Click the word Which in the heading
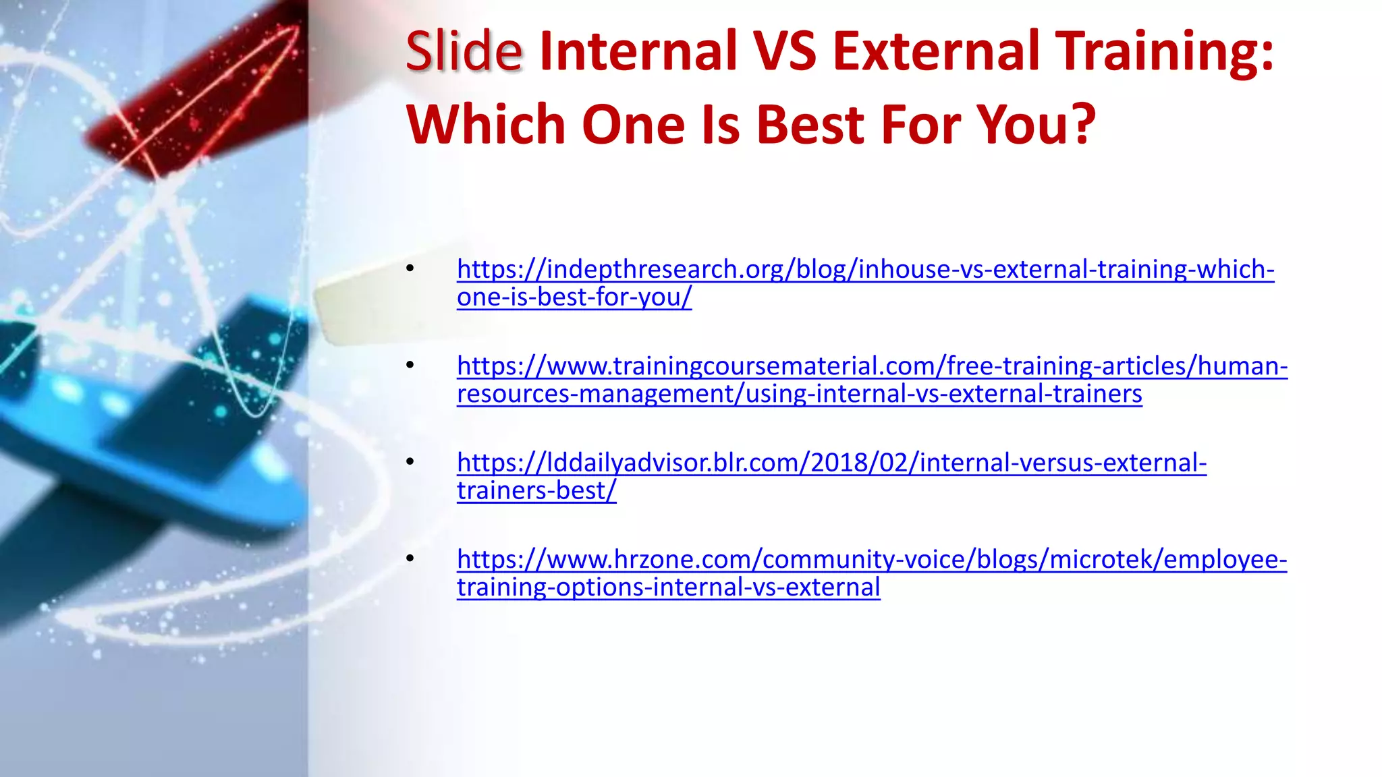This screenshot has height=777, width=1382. point(485,125)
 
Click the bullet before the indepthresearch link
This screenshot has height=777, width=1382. point(410,269)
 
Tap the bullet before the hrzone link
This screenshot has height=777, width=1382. point(410,559)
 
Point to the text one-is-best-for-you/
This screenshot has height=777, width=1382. point(574,297)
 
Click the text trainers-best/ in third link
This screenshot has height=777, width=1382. point(536,491)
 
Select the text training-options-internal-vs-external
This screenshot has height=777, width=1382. point(668,587)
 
